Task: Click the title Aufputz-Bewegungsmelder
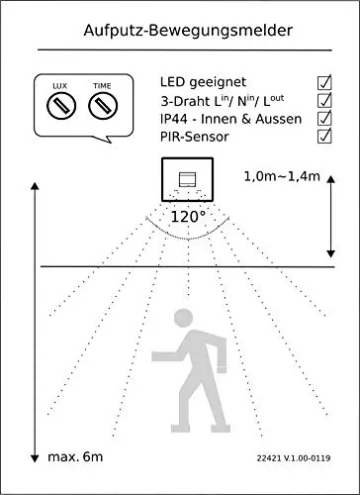tap(188, 31)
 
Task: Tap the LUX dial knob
tap(61, 106)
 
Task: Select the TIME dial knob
tap(103, 106)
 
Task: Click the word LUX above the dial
tap(59, 86)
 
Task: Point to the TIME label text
tap(102, 86)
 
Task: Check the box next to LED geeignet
tap(324, 82)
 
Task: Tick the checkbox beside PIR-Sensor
tap(324, 136)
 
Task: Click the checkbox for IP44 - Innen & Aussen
tap(324, 118)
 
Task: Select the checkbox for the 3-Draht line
tap(324, 100)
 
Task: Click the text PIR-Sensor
tap(195, 137)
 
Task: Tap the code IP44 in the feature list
tap(174, 119)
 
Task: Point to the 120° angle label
tap(188, 217)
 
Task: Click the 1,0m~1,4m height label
tap(282, 176)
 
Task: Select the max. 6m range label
tap(75, 457)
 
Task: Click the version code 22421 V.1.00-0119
tap(294, 458)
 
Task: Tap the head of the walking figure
tap(183, 318)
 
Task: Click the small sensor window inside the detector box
tap(187, 180)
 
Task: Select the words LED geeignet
tap(203, 82)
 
